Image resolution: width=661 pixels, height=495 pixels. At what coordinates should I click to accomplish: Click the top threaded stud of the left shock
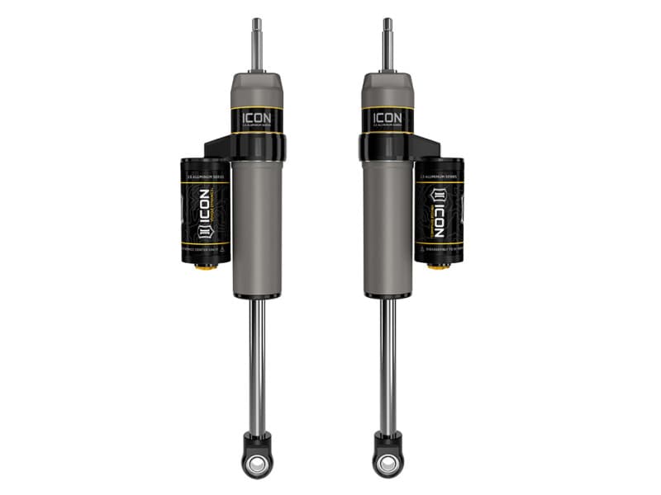tap(257, 45)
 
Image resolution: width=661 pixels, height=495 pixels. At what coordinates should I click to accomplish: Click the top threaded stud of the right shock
tap(387, 45)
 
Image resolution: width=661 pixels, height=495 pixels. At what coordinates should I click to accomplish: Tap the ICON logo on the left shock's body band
tap(257, 119)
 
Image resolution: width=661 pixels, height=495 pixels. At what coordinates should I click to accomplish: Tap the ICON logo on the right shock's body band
tap(387, 119)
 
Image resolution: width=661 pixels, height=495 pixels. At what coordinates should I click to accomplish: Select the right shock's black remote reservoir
tap(440, 210)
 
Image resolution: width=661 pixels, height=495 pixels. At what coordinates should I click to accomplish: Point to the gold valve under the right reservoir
tap(438, 266)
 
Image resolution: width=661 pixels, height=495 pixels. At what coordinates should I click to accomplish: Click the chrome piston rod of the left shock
tap(258, 363)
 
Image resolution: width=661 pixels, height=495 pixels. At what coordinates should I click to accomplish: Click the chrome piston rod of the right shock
tap(387, 363)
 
